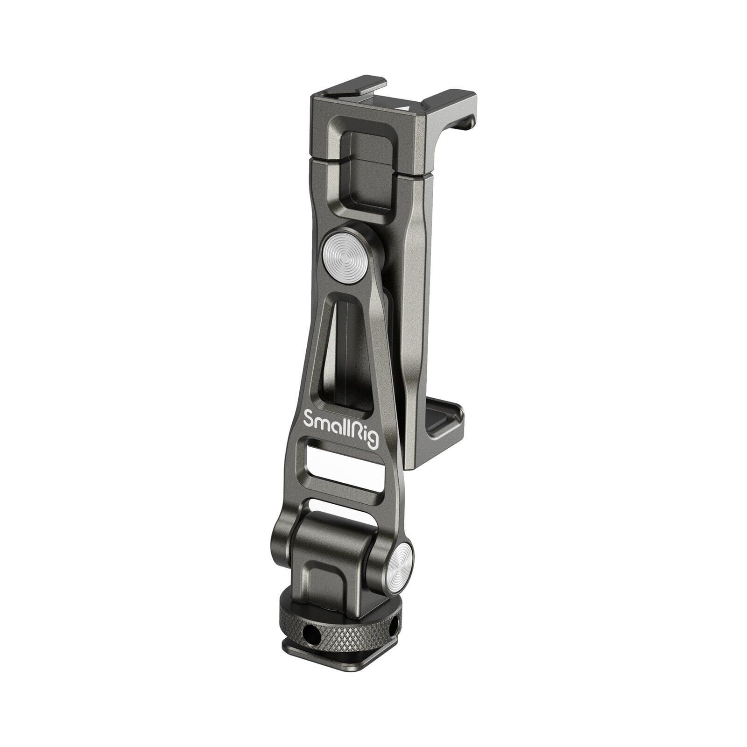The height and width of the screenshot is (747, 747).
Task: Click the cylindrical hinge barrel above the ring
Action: tap(336, 542)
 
